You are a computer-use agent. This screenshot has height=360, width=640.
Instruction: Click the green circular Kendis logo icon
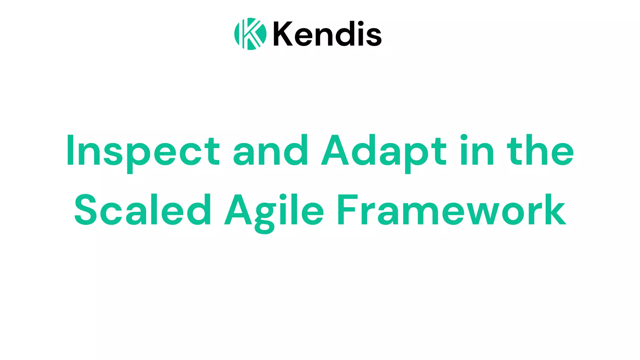[250, 34]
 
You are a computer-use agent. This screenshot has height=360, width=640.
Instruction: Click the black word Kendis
[327, 34]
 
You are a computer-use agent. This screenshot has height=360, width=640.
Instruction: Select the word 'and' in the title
[271, 150]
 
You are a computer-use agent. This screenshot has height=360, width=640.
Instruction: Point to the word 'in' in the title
[477, 150]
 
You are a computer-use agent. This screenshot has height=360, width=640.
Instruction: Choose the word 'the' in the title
[540, 150]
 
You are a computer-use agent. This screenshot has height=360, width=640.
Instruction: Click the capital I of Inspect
[70, 150]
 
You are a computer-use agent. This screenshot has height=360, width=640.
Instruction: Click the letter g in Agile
[264, 216]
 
